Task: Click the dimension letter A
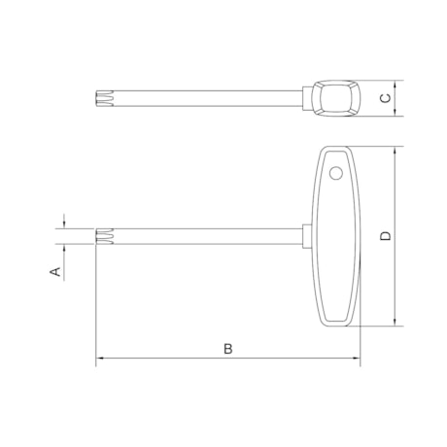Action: [x=56, y=272]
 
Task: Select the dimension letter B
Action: [x=227, y=348]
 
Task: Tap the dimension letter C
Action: [x=386, y=97]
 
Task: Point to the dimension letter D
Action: [x=386, y=236]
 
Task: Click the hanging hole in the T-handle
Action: [x=336, y=174]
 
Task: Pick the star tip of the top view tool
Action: [x=104, y=96]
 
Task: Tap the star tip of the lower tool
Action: [x=104, y=235]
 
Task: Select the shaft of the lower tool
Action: [x=204, y=235]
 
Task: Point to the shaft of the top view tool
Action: [x=204, y=96]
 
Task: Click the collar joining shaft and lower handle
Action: [x=305, y=235]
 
